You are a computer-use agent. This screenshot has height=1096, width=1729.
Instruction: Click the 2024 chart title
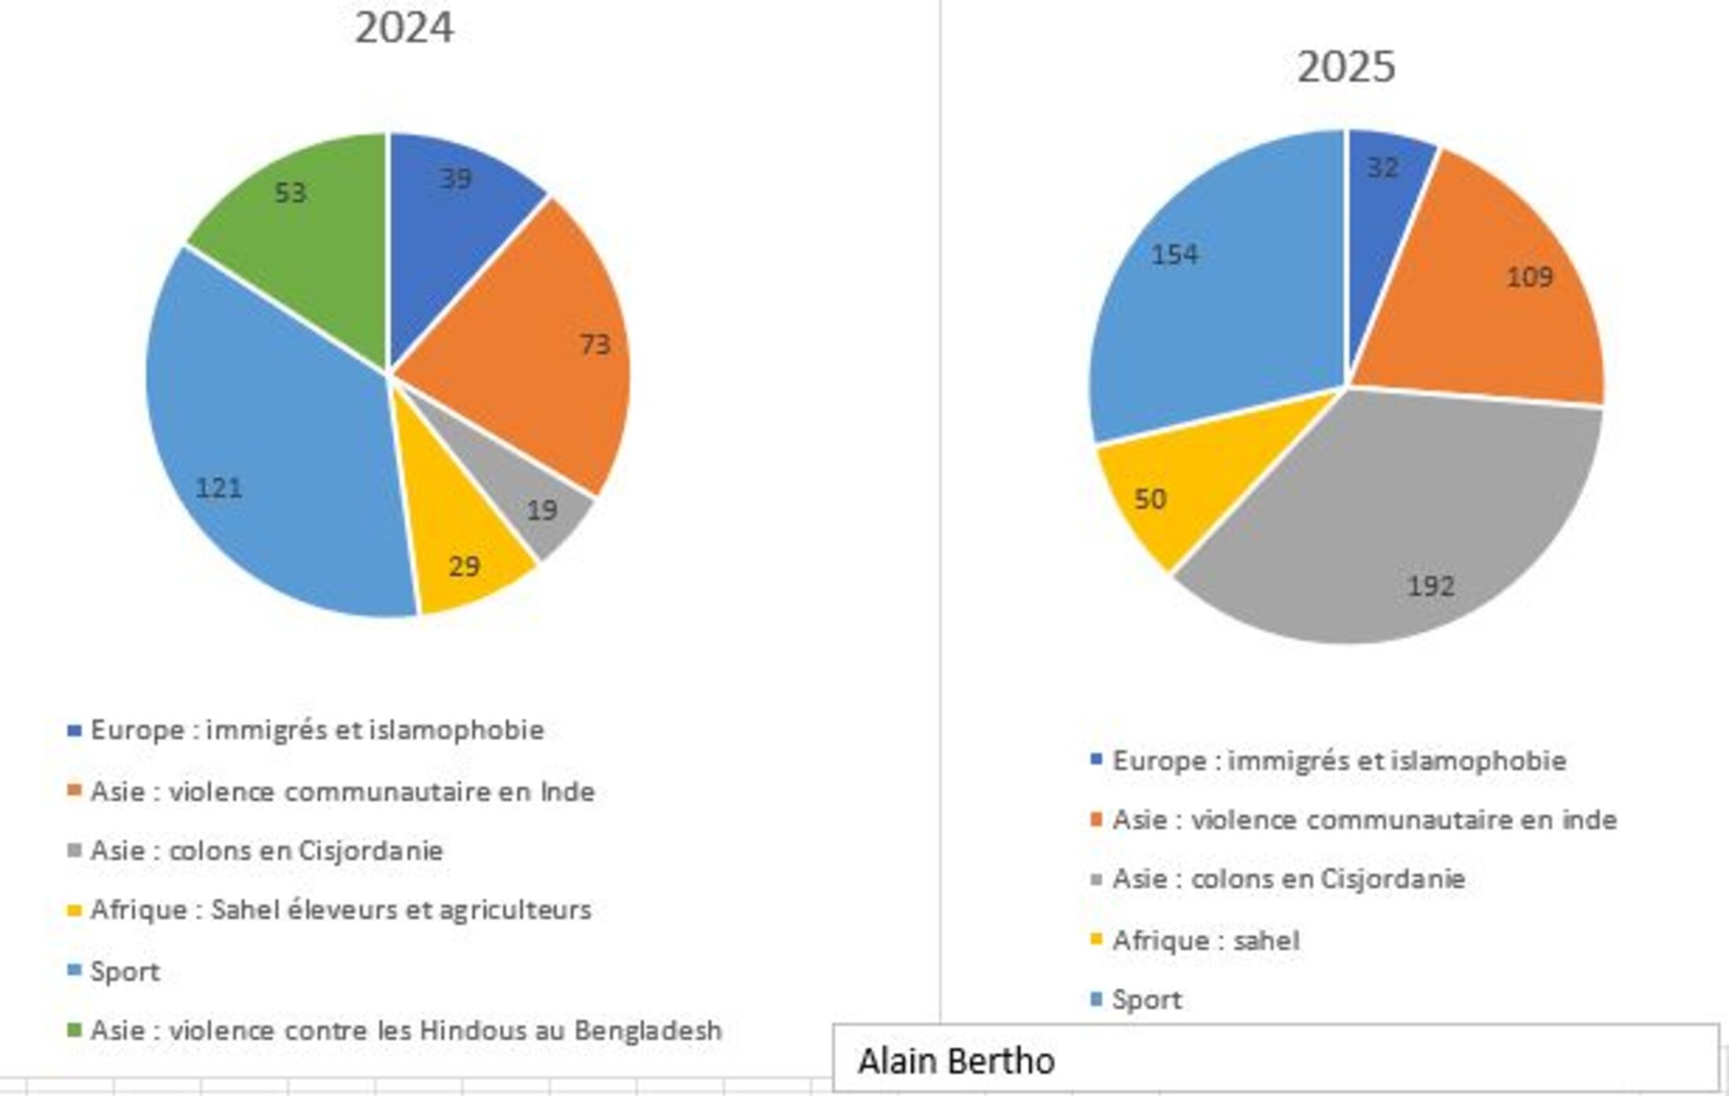click(404, 28)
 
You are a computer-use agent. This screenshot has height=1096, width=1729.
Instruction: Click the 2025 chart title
click(1345, 67)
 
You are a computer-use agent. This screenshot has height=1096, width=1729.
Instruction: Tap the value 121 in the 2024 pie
click(218, 488)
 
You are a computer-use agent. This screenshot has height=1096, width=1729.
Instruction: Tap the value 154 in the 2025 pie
click(1174, 255)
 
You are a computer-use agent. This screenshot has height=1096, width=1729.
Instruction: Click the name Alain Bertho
click(956, 1061)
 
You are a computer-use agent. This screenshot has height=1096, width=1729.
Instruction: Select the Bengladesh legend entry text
click(406, 1030)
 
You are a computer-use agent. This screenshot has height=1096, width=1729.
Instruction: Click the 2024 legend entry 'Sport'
click(125, 971)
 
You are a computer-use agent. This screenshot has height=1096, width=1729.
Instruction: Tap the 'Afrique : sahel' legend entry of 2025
click(1206, 940)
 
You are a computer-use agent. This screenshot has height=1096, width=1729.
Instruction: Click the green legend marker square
click(75, 1029)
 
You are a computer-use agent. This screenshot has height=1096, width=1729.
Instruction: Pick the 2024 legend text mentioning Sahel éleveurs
click(340, 910)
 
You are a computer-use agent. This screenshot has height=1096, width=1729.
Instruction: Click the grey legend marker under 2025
click(1096, 878)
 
